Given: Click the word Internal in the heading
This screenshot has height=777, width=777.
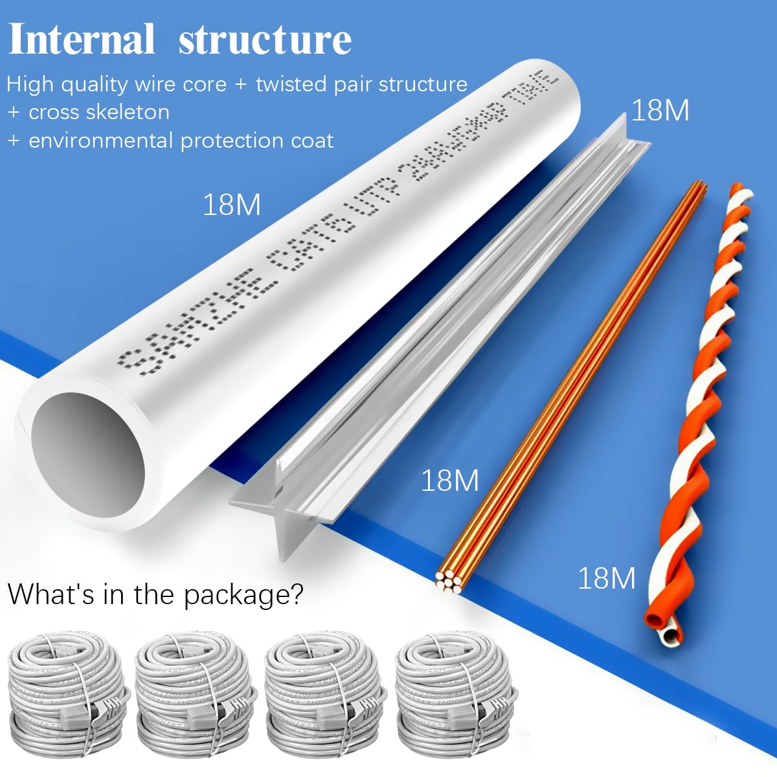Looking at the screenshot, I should [x=81, y=40].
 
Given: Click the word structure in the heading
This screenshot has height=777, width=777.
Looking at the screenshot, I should [x=265, y=40].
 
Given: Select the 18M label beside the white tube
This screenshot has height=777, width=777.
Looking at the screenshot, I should [x=231, y=205].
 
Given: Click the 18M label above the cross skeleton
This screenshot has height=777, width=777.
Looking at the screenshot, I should [x=659, y=111].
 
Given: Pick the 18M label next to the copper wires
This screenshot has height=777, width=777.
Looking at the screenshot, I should [x=449, y=480].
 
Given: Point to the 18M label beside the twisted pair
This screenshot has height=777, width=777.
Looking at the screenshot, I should [x=606, y=578].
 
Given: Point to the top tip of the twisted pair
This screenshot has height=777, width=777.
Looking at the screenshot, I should [x=738, y=188].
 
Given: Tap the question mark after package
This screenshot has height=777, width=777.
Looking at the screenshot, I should [x=297, y=594].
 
